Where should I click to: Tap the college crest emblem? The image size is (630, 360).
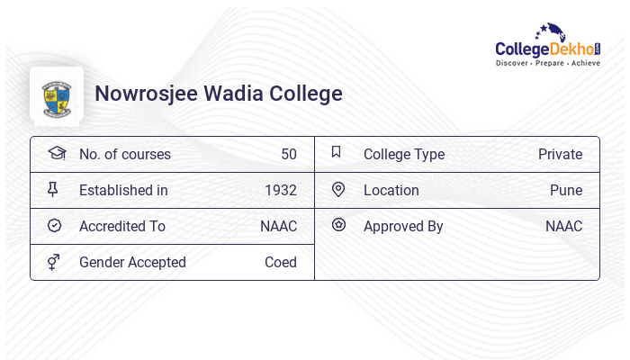(x=56, y=94)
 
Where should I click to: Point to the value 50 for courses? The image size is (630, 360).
(x=288, y=154)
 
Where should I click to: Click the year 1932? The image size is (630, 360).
(x=280, y=190)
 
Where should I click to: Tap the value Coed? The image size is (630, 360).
(x=280, y=262)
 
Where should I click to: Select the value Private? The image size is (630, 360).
(x=560, y=154)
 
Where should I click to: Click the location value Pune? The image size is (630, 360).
(x=566, y=190)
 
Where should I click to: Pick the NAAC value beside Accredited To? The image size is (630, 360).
(x=278, y=226)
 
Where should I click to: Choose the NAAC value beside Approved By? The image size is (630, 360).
(x=563, y=226)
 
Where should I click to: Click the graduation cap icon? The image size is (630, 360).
(x=56, y=153)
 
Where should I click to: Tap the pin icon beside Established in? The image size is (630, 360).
(x=53, y=189)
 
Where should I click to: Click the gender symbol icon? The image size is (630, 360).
(x=53, y=262)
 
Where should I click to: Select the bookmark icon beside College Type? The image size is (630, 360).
(x=337, y=152)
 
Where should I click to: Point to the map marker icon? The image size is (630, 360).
(x=338, y=189)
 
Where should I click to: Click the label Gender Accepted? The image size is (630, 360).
(x=132, y=262)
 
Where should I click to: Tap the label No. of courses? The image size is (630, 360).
(x=124, y=154)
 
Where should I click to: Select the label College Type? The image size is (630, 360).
(x=403, y=154)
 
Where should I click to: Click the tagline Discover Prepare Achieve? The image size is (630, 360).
(x=547, y=64)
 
